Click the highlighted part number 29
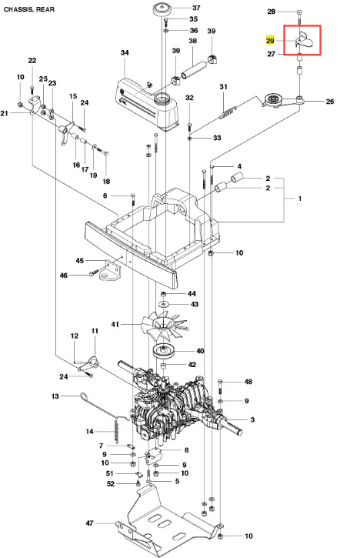click(270, 41)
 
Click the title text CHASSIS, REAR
click(29, 9)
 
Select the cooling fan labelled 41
click(164, 325)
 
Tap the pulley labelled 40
click(165, 352)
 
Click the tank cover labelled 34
click(148, 104)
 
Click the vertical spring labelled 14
click(116, 431)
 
